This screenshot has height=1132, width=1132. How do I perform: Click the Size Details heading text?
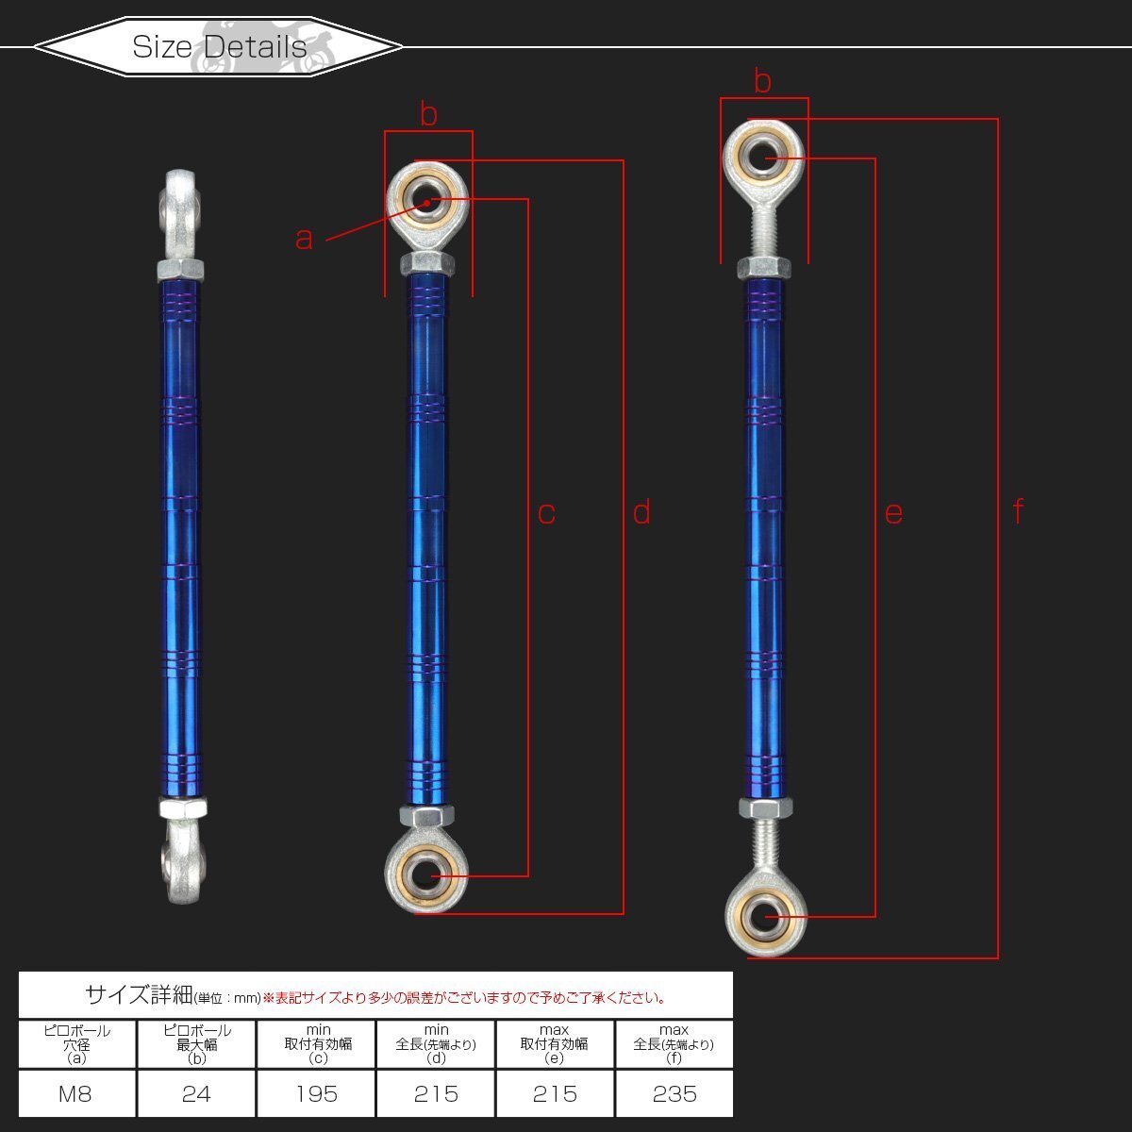(219, 46)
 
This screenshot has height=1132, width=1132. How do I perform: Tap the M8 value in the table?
(75, 1094)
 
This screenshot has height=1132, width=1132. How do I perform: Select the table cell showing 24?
(196, 1093)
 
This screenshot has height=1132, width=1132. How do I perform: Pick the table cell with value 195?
(317, 1093)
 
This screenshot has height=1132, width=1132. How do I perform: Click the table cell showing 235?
(674, 1093)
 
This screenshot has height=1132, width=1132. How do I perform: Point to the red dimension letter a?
(304, 239)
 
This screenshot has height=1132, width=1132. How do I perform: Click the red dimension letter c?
(546, 513)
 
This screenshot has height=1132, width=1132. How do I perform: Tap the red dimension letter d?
(641, 511)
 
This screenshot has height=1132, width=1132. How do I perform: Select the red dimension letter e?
(893, 513)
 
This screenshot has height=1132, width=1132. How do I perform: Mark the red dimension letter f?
(1019, 510)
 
